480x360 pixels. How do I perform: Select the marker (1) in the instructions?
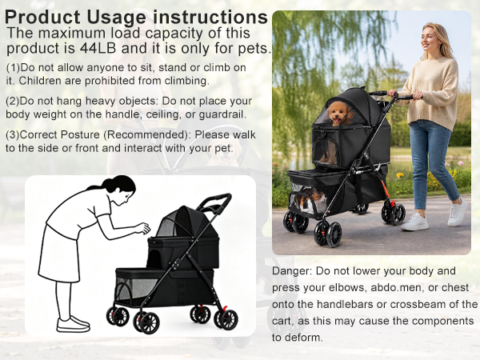point(13,68)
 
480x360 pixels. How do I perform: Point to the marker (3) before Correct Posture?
point(13,134)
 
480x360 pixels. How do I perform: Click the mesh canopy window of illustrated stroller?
point(167,226)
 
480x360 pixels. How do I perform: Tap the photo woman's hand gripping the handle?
point(394,93)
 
